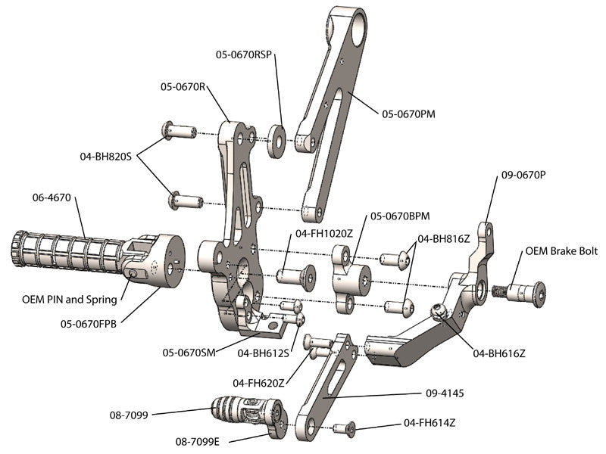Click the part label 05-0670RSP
(243, 54)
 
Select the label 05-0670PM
(408, 114)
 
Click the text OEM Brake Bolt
(560, 251)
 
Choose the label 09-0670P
(523, 175)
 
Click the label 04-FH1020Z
(324, 233)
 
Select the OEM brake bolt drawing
(520, 291)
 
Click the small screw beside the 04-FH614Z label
(345, 428)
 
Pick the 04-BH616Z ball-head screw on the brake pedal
(437, 309)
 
